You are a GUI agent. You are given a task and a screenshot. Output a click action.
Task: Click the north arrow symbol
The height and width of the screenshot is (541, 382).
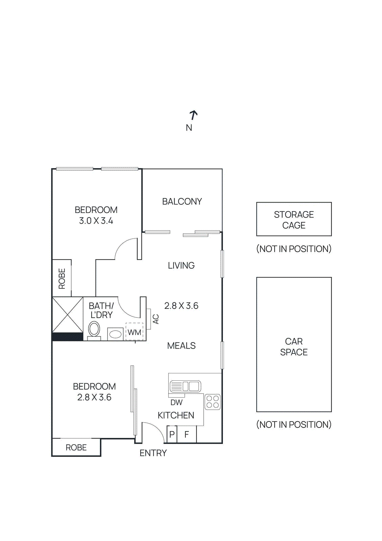(193, 115)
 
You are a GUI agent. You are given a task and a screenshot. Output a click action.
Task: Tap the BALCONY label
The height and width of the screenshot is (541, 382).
(182, 202)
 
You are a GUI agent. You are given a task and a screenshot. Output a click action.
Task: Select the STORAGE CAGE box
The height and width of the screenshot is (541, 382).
(294, 219)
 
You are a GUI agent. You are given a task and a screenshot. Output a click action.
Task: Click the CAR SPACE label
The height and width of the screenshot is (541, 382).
(294, 347)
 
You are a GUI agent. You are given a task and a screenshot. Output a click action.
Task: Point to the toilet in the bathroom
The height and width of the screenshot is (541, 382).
(94, 329)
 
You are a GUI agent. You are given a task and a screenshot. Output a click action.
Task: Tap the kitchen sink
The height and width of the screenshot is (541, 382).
(185, 386)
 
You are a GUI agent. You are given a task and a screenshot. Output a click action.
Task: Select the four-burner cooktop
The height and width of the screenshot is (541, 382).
(212, 402)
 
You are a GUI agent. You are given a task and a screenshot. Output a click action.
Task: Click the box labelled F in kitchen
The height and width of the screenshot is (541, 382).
(187, 434)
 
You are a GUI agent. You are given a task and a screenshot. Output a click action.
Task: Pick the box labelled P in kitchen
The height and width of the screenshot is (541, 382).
(172, 434)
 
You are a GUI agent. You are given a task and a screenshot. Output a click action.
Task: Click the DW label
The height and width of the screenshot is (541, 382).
(176, 402)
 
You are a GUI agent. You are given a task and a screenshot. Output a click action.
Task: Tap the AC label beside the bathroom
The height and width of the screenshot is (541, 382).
(156, 319)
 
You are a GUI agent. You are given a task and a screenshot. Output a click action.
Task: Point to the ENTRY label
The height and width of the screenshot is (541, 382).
(153, 453)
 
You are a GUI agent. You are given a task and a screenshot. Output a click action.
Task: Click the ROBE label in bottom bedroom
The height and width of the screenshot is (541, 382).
(76, 447)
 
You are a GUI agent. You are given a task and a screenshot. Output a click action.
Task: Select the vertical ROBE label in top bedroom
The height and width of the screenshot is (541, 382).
(62, 279)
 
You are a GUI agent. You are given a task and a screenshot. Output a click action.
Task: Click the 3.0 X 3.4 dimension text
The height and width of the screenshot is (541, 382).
(96, 221)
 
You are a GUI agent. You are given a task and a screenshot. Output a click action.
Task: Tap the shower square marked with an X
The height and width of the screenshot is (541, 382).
(68, 315)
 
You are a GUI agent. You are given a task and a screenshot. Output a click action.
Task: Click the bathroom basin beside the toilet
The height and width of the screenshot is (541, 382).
(116, 334)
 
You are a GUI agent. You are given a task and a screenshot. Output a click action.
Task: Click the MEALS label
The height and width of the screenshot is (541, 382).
(181, 346)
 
